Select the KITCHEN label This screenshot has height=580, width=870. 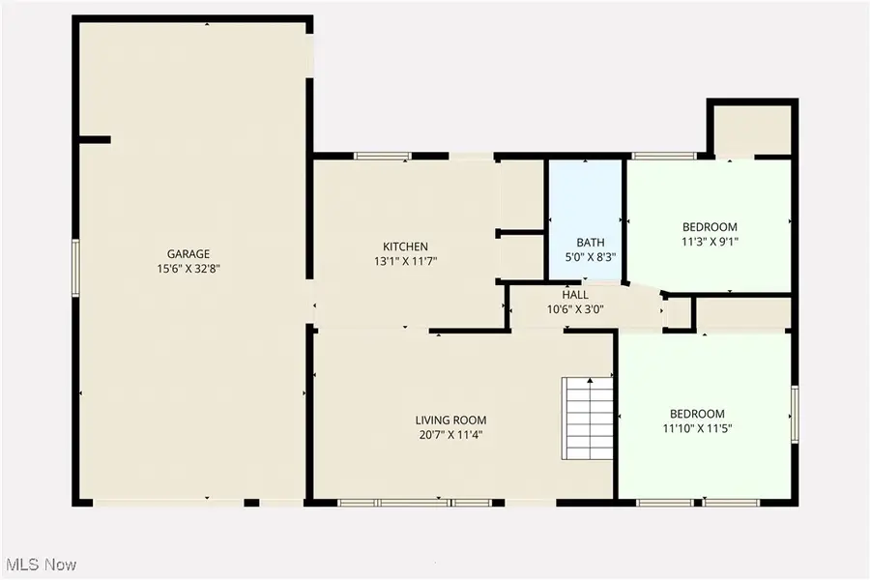405,246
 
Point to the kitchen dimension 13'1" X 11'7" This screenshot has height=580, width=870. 405,261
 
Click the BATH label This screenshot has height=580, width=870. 590,243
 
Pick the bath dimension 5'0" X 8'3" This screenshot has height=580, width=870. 590,257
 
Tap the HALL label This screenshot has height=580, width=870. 575,294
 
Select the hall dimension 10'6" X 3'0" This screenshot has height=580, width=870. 575,308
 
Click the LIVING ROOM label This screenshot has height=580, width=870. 450,420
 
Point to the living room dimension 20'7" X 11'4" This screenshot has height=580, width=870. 450,434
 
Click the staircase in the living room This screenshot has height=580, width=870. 588,419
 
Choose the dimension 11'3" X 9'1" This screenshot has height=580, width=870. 710,243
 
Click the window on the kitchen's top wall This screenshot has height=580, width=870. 383,155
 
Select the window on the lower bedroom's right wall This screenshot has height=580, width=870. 795,413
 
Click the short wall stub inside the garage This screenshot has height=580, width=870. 95,140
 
